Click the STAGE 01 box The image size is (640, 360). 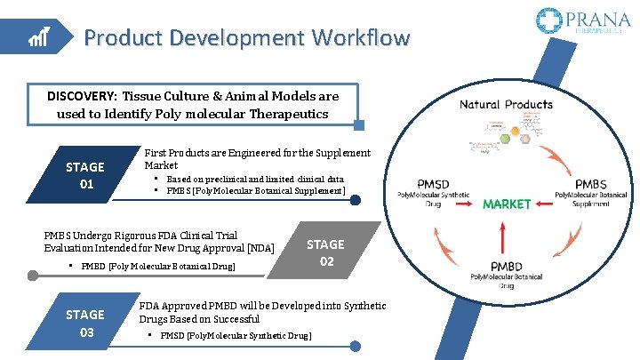85,175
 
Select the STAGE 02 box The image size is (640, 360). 325,252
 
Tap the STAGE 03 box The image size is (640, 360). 85,323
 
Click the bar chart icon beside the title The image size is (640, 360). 38,37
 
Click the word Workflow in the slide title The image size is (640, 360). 359,38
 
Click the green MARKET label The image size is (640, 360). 506,204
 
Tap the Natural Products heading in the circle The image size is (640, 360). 506,105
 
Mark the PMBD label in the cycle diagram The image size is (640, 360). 505,265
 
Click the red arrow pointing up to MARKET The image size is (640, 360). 505,235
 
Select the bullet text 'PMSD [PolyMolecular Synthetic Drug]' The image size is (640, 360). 236,336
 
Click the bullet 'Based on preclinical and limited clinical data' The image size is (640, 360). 254,179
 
